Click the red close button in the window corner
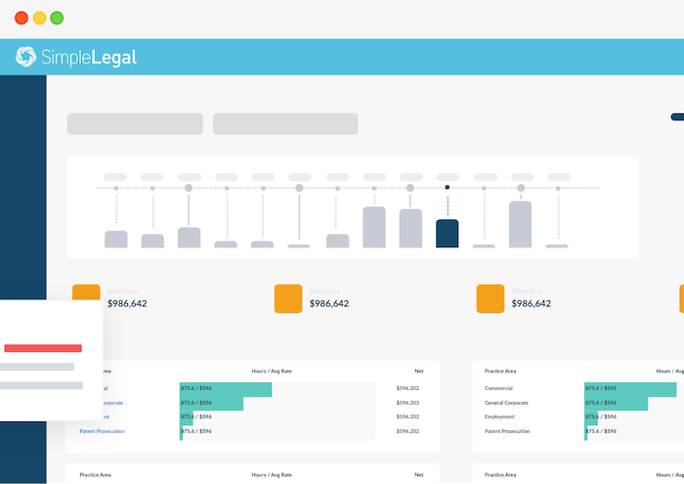tap(21, 18)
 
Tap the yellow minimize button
tap(39, 18)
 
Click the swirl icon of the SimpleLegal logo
tap(26, 58)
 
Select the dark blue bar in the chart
tap(447, 234)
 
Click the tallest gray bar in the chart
tap(520, 224)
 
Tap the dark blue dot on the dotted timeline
tap(447, 187)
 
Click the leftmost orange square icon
tap(86, 298)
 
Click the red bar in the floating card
tap(43, 348)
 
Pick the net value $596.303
tap(407, 403)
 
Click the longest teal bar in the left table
tap(225, 389)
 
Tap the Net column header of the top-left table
tap(418, 372)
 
